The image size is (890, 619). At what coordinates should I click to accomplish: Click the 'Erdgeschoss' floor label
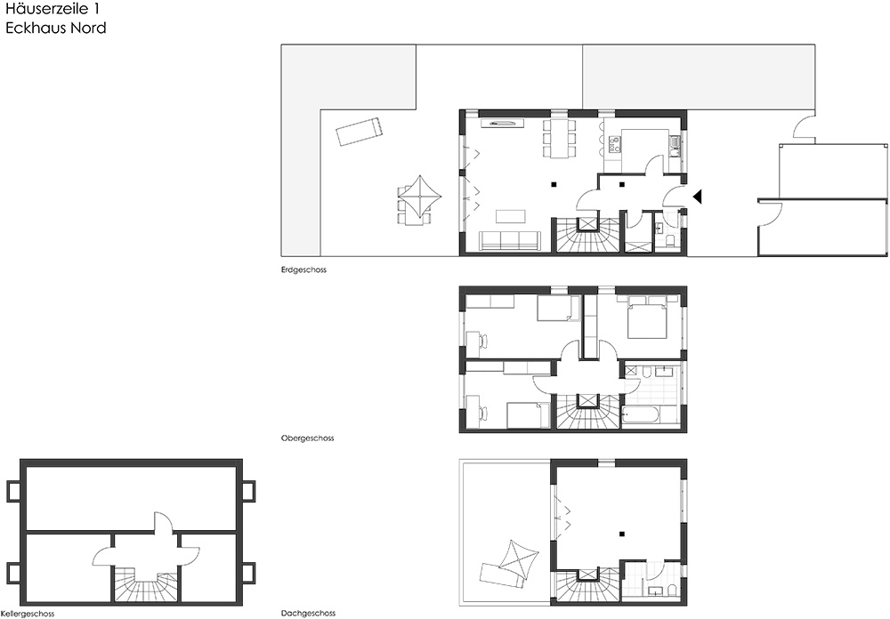click(303, 270)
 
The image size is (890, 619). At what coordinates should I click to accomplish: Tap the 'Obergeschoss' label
click(307, 438)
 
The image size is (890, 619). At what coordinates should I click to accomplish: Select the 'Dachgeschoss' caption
click(308, 614)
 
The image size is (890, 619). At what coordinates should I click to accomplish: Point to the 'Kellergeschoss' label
click(28, 614)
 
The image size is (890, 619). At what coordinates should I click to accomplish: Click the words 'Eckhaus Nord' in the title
click(55, 28)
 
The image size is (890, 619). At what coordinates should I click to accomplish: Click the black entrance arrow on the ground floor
click(698, 197)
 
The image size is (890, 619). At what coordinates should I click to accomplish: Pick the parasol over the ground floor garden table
click(420, 197)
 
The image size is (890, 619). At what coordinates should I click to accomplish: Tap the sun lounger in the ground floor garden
click(358, 132)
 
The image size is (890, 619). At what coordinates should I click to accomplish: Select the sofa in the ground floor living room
click(508, 240)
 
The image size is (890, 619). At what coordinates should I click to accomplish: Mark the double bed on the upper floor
click(646, 317)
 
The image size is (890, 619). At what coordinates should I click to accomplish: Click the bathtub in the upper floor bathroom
click(641, 415)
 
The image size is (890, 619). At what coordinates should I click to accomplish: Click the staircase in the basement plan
click(146, 583)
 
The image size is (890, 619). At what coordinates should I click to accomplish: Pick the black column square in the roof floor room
click(622, 534)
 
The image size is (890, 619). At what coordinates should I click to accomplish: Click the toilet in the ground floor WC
click(670, 240)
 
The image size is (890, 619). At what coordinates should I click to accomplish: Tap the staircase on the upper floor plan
click(587, 411)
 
